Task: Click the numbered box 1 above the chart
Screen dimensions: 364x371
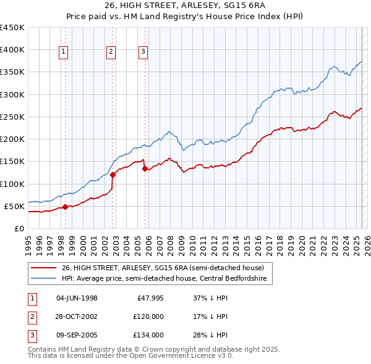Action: click(64, 52)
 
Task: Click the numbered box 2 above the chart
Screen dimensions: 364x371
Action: click(111, 52)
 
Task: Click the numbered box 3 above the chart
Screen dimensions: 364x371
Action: click(143, 52)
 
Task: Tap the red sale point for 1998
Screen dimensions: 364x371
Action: click(65, 207)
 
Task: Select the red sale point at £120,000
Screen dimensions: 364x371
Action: click(113, 175)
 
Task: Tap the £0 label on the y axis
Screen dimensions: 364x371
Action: click(19, 228)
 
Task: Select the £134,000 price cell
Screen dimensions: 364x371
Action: click(149, 335)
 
